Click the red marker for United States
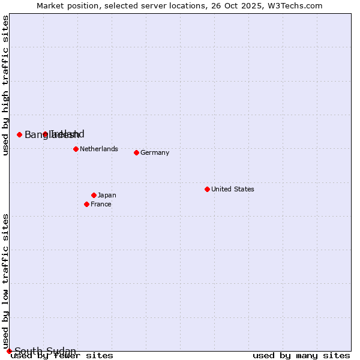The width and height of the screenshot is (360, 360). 207,189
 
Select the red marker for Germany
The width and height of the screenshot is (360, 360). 136,152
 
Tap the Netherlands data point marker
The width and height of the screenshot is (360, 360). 76,149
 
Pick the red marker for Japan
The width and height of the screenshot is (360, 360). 94,195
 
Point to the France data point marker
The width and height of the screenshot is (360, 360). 86,204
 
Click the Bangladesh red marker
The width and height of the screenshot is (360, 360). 19,134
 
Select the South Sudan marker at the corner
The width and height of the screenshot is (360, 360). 9,351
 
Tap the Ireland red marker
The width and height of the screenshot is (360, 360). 45,134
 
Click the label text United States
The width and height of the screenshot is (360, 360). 233,189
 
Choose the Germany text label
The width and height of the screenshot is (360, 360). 155,152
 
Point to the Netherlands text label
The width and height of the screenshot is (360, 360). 99,149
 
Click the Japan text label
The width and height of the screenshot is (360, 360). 107,195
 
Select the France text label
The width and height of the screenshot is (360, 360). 101,204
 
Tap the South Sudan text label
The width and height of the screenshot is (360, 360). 46,351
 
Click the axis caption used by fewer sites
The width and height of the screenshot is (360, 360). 62,356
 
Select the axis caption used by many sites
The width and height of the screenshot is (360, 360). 301,356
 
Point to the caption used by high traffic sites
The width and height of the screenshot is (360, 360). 6,85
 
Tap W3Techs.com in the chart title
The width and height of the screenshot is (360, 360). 296,5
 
